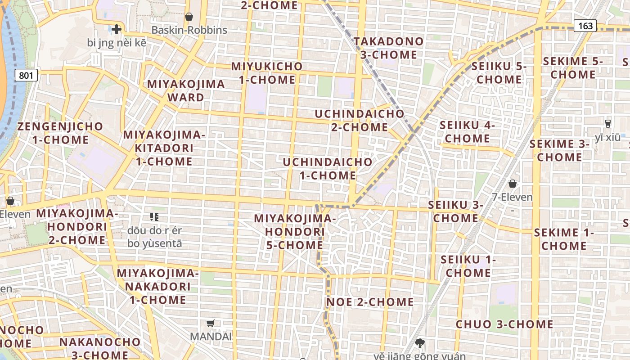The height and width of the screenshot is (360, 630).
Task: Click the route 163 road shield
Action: click(585, 26)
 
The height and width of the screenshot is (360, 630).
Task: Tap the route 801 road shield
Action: click(26, 75)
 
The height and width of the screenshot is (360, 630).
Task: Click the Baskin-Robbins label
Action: click(189, 30)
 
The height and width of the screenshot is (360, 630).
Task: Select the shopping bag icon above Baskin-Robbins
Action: click(189, 17)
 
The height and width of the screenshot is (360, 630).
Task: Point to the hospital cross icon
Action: click(117, 30)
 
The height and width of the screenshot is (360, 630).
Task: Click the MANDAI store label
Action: click(211, 336)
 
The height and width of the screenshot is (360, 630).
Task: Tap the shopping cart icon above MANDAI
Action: click(210, 323)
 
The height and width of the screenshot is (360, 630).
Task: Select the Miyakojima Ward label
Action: click(186, 90)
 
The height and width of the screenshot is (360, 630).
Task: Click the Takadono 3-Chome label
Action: click(388, 48)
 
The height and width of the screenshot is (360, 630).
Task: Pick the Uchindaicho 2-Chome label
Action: click(359, 121)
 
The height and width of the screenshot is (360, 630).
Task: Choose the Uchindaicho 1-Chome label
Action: click(328, 169)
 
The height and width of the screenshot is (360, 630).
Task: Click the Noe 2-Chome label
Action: click(370, 302)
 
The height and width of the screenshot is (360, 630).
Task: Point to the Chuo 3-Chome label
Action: click(504, 324)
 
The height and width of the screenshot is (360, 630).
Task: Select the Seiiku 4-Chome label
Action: click(467, 132)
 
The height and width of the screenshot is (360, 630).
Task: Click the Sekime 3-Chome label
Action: click(559, 151)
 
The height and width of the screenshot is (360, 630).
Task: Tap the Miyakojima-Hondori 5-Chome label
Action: click(295, 232)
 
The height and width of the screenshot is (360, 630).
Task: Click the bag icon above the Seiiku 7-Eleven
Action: click(512, 184)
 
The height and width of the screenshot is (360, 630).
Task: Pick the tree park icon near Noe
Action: click(420, 343)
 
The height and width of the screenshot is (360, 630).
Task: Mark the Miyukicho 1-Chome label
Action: click(267, 73)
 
